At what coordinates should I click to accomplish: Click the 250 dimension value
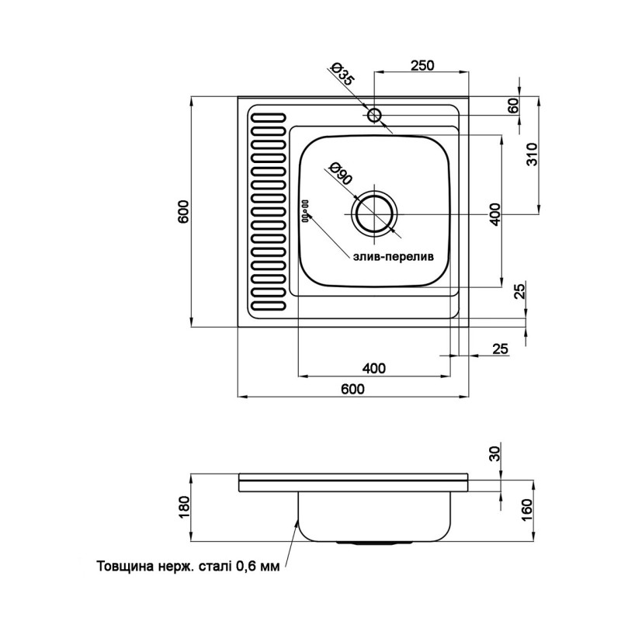pos(422,65)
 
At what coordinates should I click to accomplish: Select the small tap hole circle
pos(374,115)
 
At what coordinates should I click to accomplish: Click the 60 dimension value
pos(513,106)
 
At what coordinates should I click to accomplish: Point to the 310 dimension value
pos(533,154)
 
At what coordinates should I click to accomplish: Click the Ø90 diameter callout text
pos(340,173)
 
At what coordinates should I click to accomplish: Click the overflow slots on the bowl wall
pos(305,211)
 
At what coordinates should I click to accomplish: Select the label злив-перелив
pos(394,257)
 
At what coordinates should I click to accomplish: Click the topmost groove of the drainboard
pos(268,118)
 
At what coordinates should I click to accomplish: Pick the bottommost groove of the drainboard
pos(268,305)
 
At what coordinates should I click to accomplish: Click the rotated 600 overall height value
pos(185,212)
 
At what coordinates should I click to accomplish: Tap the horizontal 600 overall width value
pos(352,389)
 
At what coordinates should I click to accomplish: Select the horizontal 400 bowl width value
pos(373,368)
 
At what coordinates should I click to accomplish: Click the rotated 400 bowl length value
pos(495,214)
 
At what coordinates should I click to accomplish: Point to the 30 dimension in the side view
pos(495,453)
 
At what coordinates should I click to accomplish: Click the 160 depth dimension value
pos(527,511)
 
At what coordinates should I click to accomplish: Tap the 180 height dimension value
pos(185,507)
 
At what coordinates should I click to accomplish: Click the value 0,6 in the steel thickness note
pos(246,566)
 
